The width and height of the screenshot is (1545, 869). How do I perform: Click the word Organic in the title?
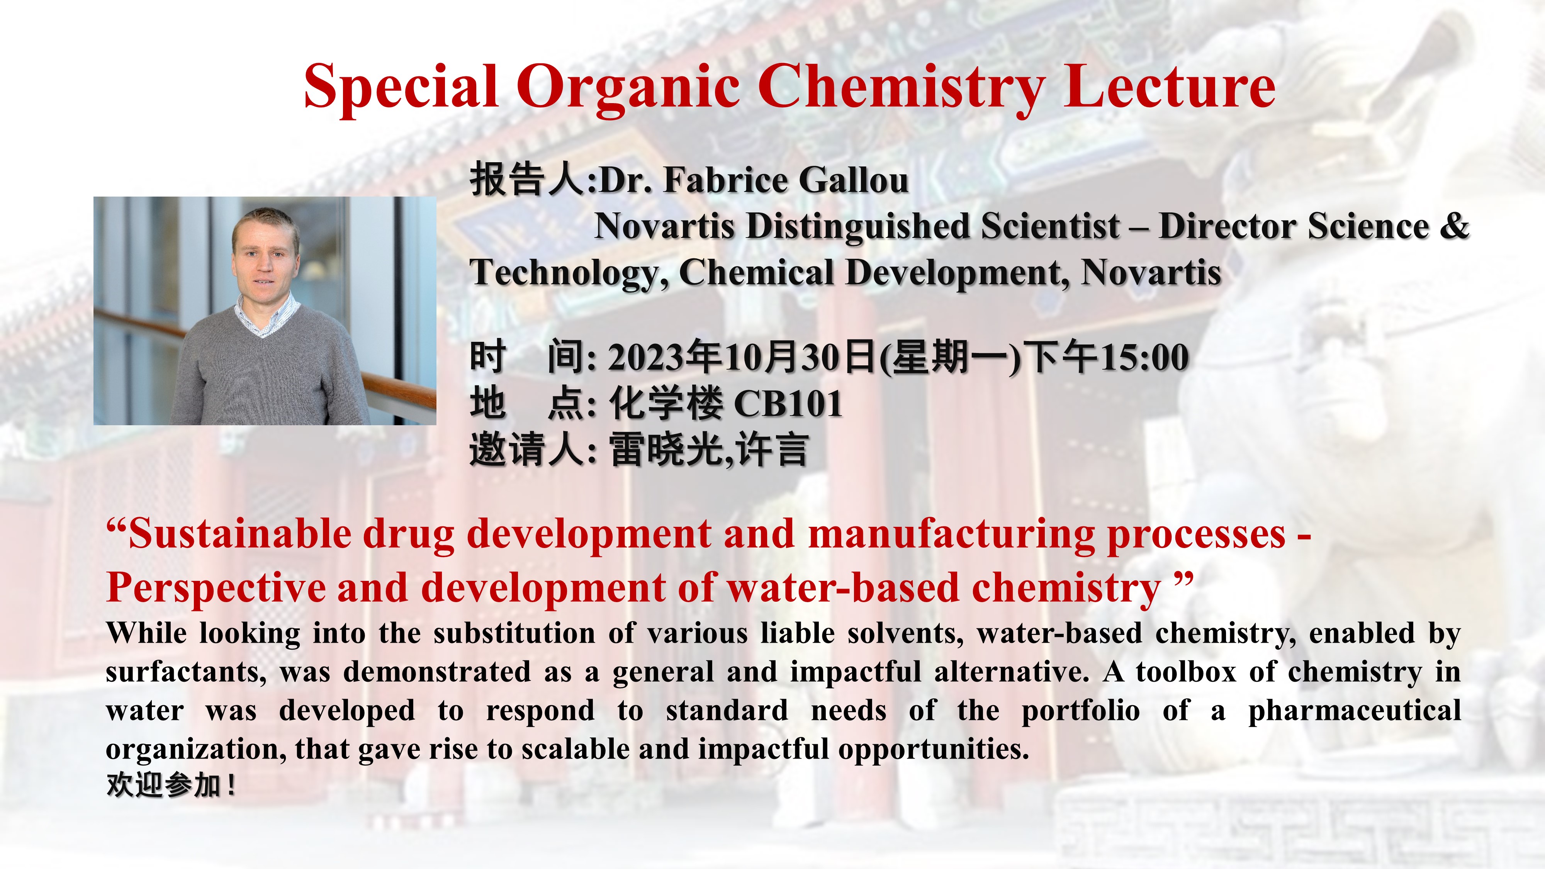(x=628, y=89)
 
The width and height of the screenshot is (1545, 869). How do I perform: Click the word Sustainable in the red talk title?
(x=240, y=534)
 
